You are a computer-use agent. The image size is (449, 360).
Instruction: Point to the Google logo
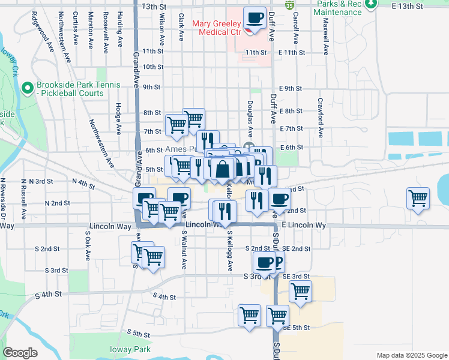pos(20,353)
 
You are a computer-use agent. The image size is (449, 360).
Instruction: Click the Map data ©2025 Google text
pos(411,355)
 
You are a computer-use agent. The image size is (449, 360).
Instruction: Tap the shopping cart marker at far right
pos(418,199)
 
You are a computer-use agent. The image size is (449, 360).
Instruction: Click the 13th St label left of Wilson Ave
pos(153,6)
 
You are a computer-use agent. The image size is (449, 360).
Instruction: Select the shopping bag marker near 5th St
pos(222,169)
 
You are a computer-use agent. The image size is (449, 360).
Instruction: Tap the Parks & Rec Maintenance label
pos(337,8)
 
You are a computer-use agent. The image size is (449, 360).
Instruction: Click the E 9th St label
pos(290,88)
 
